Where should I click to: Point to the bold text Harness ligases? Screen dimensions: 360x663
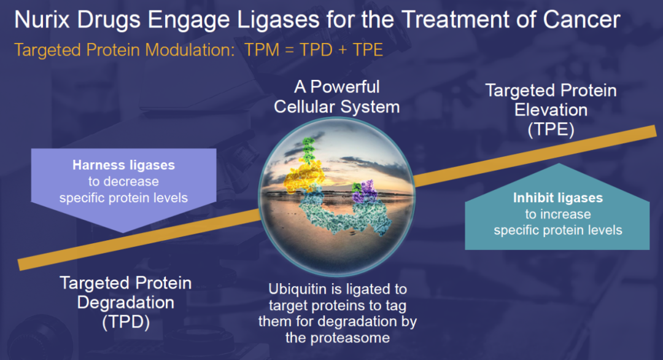tap(123, 165)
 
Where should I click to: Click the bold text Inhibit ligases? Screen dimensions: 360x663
tap(557, 198)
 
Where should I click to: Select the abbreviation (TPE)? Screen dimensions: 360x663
tap(551, 130)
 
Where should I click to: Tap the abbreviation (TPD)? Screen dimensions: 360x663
tap(125, 321)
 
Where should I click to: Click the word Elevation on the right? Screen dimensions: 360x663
tap(551, 111)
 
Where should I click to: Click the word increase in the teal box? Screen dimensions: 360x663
tap(557, 214)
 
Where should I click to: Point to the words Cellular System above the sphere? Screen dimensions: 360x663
tap(336, 106)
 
